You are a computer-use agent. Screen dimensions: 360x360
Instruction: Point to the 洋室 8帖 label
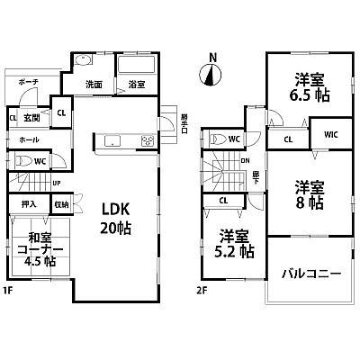coord(308,195)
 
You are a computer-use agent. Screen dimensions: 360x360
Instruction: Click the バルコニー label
coord(310,272)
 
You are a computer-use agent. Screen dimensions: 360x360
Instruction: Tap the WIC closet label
coord(330,134)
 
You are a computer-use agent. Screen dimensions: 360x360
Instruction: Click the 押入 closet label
coord(17,204)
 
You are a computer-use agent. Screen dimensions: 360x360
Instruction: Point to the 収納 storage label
coord(61,204)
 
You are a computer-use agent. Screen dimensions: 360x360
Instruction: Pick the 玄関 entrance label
coord(31,115)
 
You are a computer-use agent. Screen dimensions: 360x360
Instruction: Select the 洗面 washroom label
coord(94,85)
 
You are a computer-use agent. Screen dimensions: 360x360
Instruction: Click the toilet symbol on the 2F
coord(218,139)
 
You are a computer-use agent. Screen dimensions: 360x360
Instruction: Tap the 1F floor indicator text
coord(8,290)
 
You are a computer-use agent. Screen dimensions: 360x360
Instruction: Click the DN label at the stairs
coord(243,161)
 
